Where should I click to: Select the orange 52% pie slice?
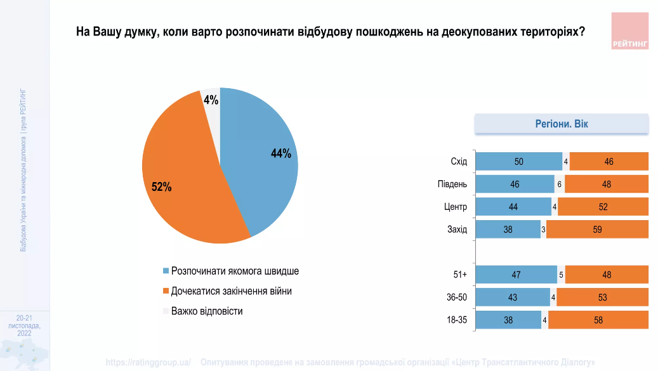[184, 184]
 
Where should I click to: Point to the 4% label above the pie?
[211, 100]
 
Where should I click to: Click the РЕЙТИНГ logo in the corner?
[630, 30]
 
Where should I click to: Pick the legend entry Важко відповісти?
[207, 311]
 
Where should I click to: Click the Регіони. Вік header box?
[562, 124]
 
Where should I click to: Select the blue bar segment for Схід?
[518, 162]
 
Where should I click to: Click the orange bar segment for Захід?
[597, 230]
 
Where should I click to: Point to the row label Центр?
[456, 207]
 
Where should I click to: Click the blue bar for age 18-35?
[508, 320]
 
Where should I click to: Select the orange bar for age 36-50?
[602, 297]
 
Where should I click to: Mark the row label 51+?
[459, 275]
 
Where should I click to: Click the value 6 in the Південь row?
[560, 185]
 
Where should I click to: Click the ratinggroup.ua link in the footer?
[148, 363]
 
